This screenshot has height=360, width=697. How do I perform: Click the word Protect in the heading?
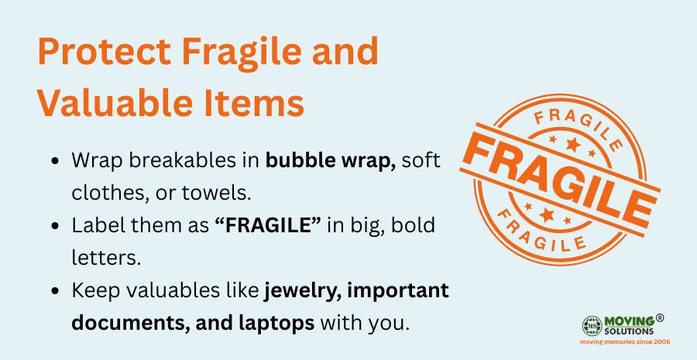(105, 51)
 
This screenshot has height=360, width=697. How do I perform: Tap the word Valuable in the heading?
(115, 103)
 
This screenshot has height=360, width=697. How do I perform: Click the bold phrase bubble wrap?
(331, 161)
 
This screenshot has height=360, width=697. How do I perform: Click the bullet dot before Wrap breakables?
(56, 161)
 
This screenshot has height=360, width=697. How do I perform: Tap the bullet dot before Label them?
(56, 226)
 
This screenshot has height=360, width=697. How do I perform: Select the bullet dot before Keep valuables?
(56, 291)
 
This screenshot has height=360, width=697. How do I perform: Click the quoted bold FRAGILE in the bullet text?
(268, 225)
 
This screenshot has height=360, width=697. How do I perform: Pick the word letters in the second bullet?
(106, 258)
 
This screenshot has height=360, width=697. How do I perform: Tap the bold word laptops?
(276, 324)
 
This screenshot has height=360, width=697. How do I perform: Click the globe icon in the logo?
(592, 326)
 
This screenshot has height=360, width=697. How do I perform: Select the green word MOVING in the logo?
(630, 321)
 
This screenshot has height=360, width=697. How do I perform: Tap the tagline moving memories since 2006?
(625, 341)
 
